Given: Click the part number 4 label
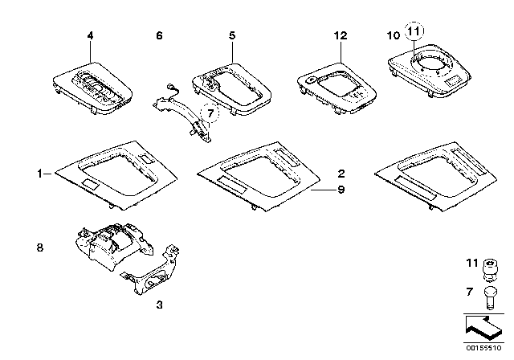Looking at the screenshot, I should (90, 36).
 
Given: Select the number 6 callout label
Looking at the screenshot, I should (159, 36).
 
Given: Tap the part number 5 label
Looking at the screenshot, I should (231, 36).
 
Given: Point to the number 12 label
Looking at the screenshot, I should (341, 36).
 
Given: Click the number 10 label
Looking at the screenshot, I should (392, 36).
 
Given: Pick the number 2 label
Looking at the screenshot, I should (341, 174).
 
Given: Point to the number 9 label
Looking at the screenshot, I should (341, 190).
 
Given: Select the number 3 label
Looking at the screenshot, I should (159, 306).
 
